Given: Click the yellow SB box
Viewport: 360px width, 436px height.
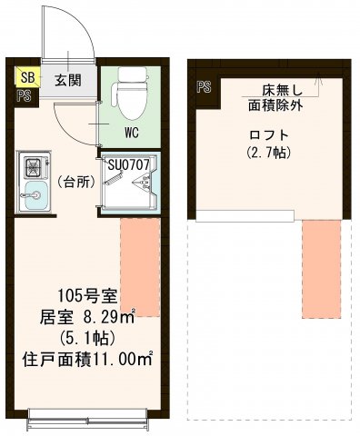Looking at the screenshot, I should (x=25, y=79).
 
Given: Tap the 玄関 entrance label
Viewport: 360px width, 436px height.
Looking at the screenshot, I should (x=66, y=79).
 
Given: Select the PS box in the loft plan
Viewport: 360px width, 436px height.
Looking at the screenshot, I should (x=204, y=88).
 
